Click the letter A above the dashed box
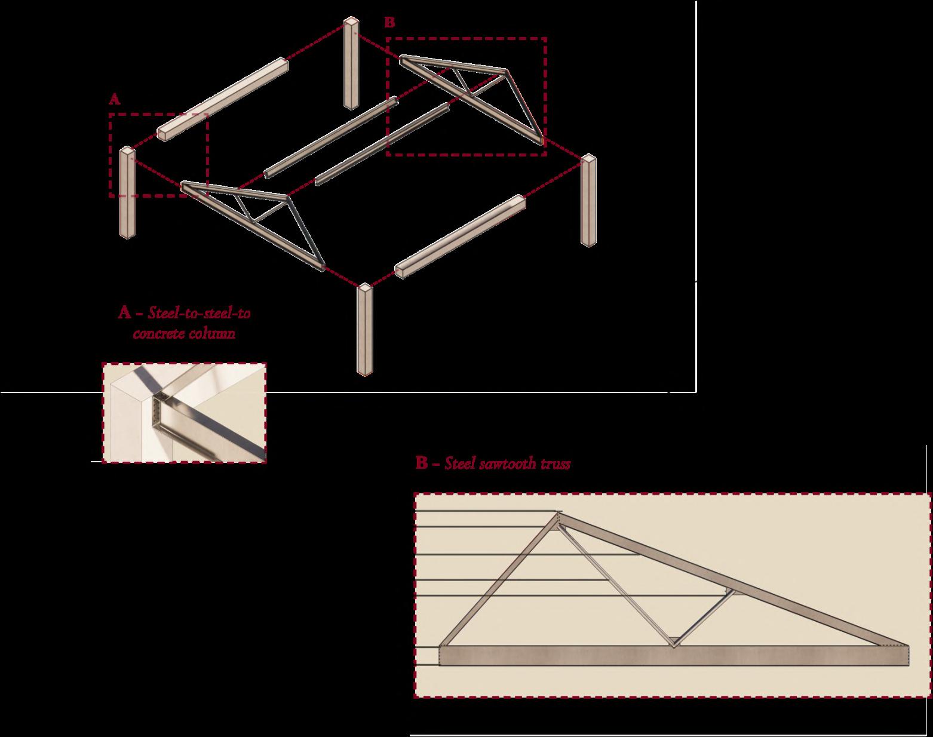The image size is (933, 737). tap(115, 100)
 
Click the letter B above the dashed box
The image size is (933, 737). tap(389, 23)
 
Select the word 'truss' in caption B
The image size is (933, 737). tap(555, 463)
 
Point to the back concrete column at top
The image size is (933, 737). tap(351, 63)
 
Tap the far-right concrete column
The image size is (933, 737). tap(589, 200)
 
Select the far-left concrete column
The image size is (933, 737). tap(127, 192)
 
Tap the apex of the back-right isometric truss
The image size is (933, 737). tap(507, 70)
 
